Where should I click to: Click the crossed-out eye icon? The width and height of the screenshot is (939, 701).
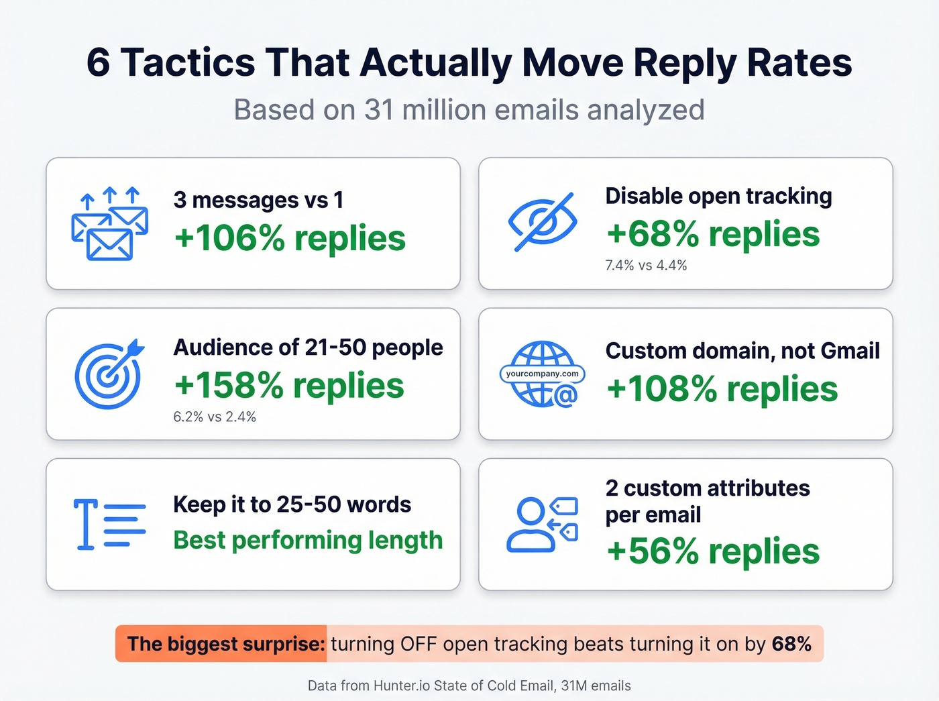(x=542, y=223)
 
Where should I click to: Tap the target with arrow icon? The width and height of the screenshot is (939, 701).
(x=109, y=374)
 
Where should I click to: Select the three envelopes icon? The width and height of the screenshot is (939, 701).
(x=109, y=224)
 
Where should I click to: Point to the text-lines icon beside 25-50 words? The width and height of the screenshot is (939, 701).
(x=109, y=524)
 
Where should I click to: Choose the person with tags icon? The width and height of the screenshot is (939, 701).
(x=542, y=525)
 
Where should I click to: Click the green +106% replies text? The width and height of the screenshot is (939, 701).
(x=290, y=238)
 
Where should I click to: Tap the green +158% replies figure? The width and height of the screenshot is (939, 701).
(x=289, y=386)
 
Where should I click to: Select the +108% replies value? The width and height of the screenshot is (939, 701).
(x=722, y=389)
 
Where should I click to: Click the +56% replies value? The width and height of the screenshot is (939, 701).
(x=712, y=551)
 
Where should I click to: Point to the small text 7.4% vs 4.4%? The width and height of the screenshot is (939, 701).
(x=646, y=266)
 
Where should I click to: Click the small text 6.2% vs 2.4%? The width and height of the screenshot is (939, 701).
(x=215, y=417)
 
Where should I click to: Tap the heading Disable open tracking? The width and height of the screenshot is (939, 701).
(x=718, y=196)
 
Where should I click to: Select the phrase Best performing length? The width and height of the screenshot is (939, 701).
(x=308, y=540)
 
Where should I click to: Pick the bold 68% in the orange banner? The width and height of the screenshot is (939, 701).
(x=791, y=644)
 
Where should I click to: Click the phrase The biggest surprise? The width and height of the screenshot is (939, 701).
(x=226, y=644)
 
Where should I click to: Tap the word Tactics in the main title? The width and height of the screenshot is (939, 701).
(x=188, y=63)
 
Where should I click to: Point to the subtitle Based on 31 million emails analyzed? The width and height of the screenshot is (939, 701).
(x=469, y=110)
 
